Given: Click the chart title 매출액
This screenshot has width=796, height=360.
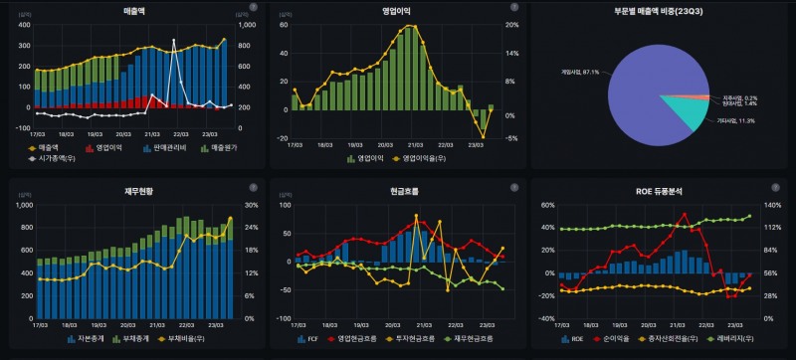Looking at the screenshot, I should point(131,9).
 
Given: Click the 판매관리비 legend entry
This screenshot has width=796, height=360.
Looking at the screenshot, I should point(165,147).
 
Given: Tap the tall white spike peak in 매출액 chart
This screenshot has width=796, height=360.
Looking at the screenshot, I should point(173,42).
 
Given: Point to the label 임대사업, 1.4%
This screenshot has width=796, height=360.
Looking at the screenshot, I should point(737,102).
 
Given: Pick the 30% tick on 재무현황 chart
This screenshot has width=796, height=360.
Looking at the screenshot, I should point(251,206).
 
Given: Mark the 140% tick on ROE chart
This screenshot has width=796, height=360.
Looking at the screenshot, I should point(771,206).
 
